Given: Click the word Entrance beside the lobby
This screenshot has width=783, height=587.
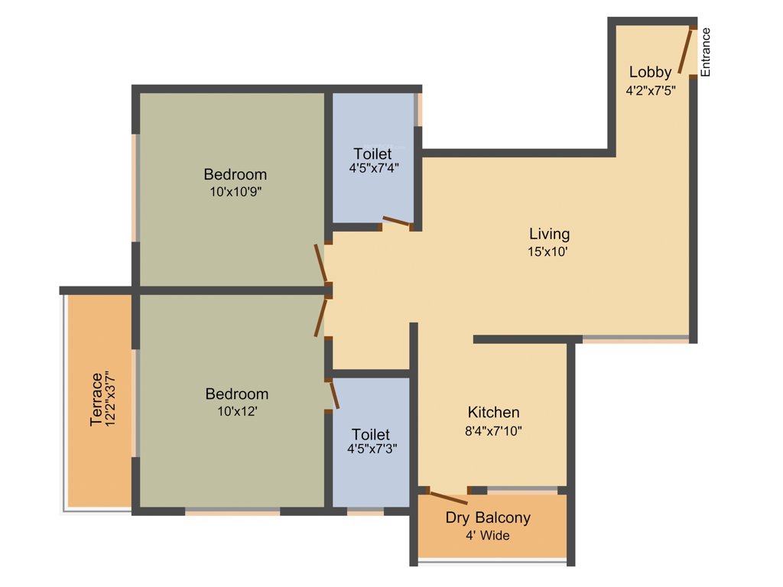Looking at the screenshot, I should (x=706, y=52).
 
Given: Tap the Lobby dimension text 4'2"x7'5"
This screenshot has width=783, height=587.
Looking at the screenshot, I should (x=650, y=89).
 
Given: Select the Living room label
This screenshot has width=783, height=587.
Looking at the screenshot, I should (x=549, y=234).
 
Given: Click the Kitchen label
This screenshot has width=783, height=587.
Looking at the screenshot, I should (x=493, y=413).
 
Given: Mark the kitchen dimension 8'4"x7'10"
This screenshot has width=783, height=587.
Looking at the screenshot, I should (x=493, y=430).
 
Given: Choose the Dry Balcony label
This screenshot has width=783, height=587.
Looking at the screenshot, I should (x=488, y=518).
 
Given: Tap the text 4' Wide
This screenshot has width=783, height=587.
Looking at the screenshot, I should (x=488, y=536).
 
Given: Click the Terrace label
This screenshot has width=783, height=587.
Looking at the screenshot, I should (x=97, y=399).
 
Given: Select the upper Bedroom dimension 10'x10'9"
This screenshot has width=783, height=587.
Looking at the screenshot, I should (x=236, y=193).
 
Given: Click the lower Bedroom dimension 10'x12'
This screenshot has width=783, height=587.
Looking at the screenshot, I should (x=236, y=412).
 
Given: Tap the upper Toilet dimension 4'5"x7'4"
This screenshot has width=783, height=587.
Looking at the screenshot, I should (x=372, y=167).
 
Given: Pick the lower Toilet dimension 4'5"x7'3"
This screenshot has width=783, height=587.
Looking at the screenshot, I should (x=372, y=449).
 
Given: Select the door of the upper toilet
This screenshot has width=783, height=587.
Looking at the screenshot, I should (x=397, y=222).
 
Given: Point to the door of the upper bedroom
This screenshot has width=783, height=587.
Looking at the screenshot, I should (x=321, y=264).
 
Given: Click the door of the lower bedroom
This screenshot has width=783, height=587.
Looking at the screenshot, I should (x=320, y=317).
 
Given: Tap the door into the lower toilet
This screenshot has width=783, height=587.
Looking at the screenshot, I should (x=333, y=395).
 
